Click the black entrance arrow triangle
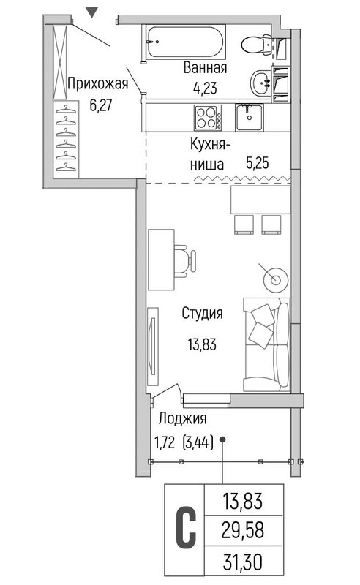point(92,13)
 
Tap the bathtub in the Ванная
point(186,42)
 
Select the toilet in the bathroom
point(258,45)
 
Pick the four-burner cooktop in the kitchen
point(208,117)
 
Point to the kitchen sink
point(249,117)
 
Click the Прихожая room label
point(98,83)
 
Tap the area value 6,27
point(100,105)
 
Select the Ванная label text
point(206,67)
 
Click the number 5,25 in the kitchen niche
point(258,163)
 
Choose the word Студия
point(202,313)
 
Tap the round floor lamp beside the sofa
point(276,279)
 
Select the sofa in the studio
point(266,344)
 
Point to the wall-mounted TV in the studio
point(152,346)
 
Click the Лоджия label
point(182,418)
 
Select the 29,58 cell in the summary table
point(243,530)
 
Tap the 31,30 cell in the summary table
point(243,562)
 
